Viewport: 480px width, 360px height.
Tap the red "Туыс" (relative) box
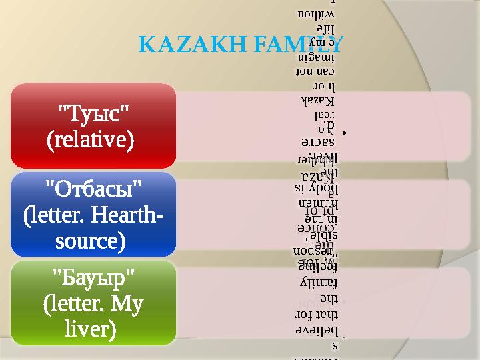(x=93, y=126)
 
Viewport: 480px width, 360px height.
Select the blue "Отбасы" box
(x=93, y=214)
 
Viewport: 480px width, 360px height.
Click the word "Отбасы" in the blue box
(x=93, y=190)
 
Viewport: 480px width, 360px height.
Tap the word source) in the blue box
(x=93, y=239)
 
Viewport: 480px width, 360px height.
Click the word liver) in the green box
(x=93, y=328)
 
